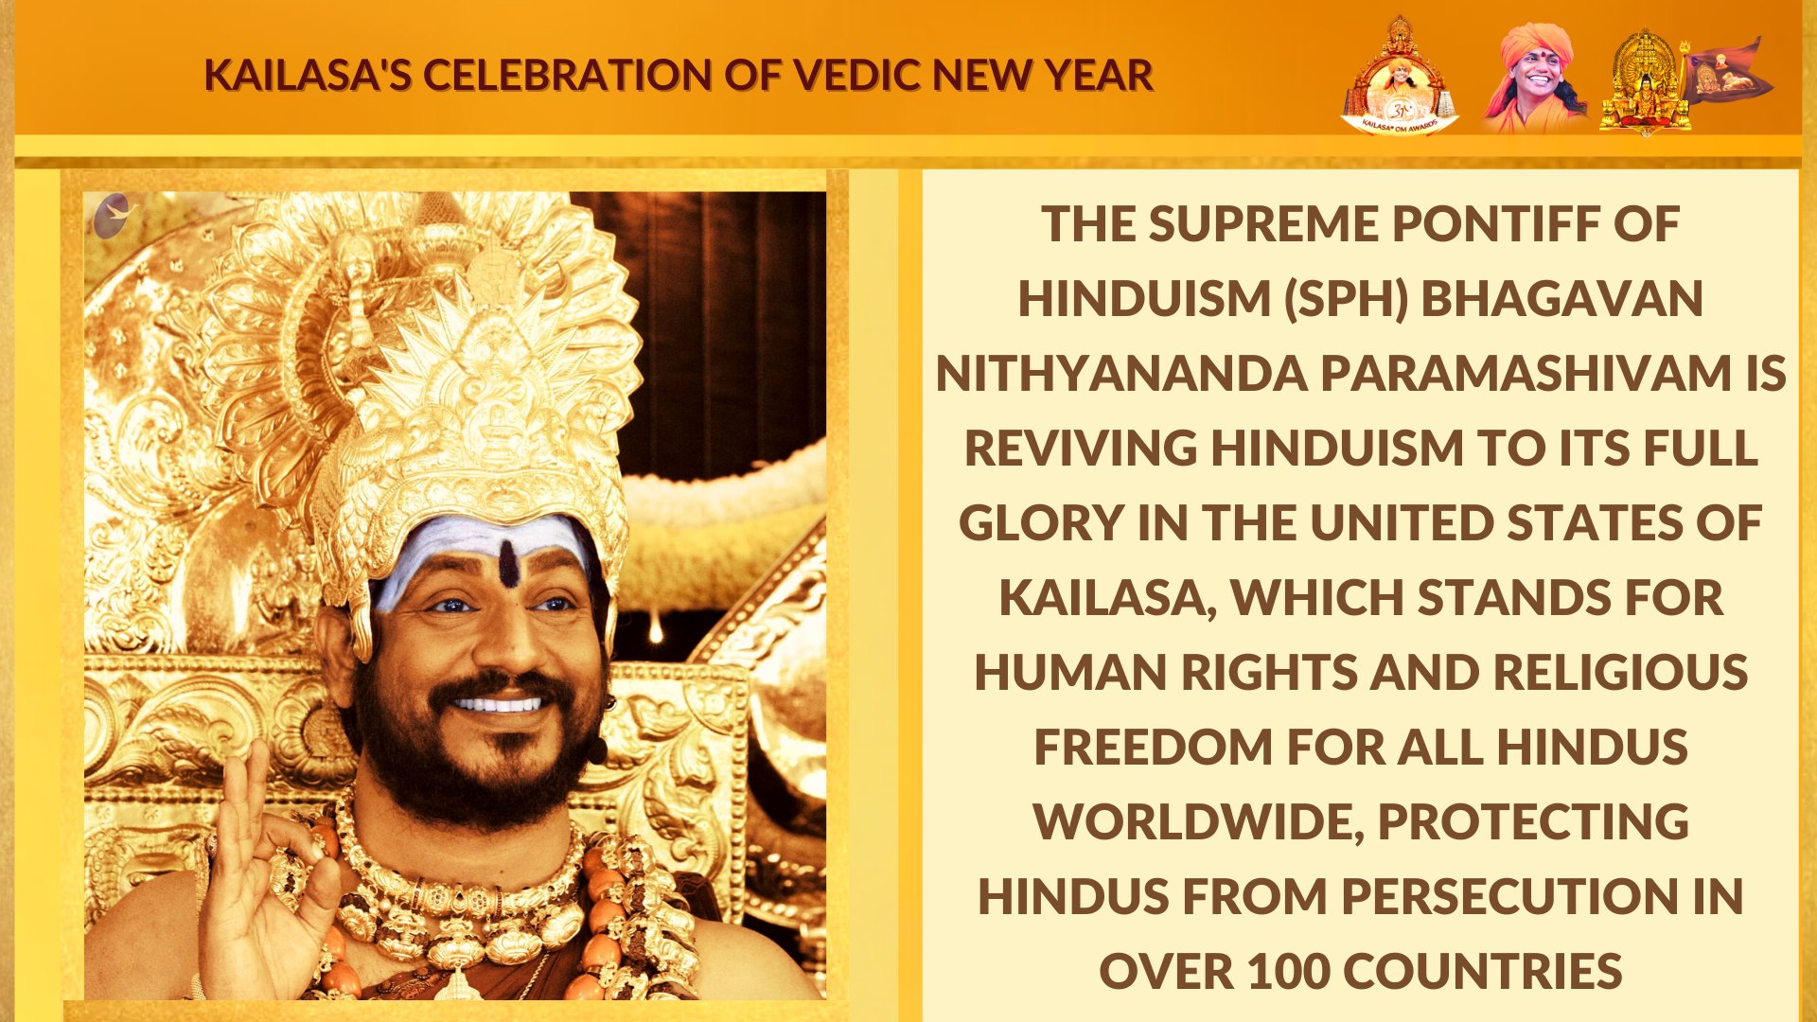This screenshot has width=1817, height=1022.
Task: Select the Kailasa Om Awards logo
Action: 1399,76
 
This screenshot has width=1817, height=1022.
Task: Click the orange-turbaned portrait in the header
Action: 1533,78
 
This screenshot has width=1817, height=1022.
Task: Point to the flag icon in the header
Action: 1726,70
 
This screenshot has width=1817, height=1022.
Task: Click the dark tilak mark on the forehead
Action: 508,564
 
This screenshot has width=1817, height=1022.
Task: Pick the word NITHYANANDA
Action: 1121,374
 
